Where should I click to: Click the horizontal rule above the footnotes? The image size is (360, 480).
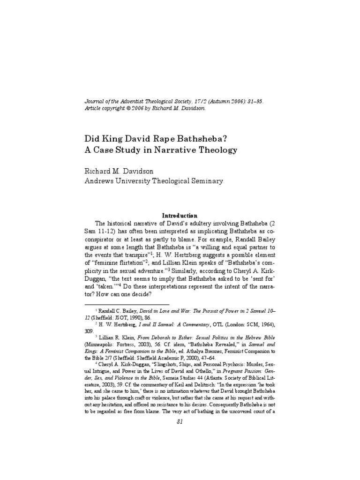point(127,304)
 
